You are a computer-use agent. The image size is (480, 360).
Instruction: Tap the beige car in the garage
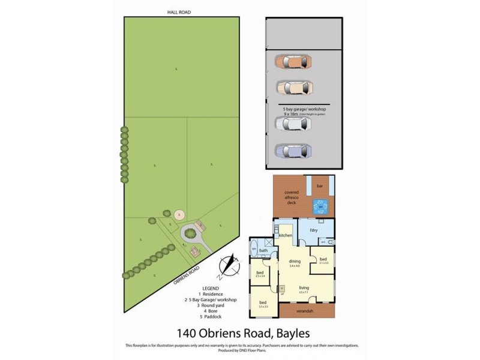pyautogui.click(x=292, y=88)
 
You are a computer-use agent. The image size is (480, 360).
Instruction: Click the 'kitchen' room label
pyautogui.click(x=284, y=236)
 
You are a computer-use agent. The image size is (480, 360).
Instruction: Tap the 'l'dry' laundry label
pyautogui.click(x=313, y=231)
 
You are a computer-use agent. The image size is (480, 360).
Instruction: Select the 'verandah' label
pyautogui.click(x=307, y=313)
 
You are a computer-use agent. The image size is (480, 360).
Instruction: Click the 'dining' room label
pyautogui.click(x=294, y=261)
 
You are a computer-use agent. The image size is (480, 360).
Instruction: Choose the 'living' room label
pyautogui.click(x=304, y=288)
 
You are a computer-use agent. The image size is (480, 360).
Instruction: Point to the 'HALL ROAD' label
pyautogui.click(x=178, y=12)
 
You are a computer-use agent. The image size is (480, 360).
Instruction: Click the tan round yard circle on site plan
pyautogui.click(x=178, y=214)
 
